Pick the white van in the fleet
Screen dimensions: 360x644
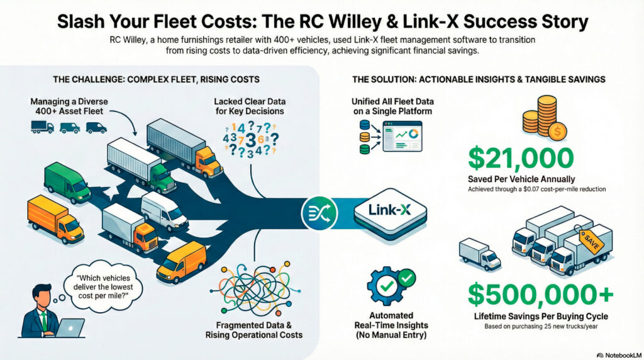165,213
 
